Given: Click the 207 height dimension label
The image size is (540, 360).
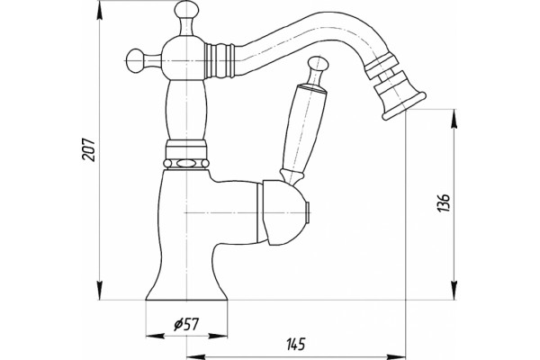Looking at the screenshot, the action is (89, 149).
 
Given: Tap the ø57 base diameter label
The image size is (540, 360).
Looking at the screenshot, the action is (186, 324).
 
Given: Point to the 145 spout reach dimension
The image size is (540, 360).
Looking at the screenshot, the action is (296, 344).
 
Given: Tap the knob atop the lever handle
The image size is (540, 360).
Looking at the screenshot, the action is (318, 65).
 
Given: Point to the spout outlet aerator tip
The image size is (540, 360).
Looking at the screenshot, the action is (404, 105).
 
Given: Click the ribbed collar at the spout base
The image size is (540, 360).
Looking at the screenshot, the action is (220, 60).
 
